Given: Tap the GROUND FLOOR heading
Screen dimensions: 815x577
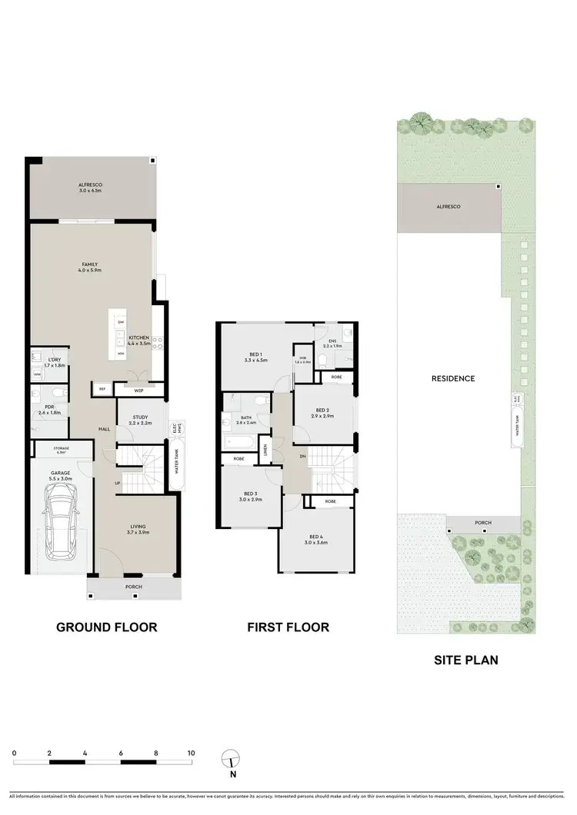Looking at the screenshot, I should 107,627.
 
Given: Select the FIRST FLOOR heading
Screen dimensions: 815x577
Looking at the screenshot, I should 288,627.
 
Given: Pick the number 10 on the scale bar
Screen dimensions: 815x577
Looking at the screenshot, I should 191,753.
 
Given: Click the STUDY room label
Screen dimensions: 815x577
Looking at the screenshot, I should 140,418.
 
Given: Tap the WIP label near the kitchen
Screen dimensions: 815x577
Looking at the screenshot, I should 138,391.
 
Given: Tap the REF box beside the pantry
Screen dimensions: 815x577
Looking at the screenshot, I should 102,389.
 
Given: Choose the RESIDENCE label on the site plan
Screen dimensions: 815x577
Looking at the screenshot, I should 452,378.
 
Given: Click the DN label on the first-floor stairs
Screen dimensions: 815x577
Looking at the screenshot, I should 303,455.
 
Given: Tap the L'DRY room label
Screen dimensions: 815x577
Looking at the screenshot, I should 55,360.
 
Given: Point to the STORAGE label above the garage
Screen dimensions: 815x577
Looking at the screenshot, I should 62,448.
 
